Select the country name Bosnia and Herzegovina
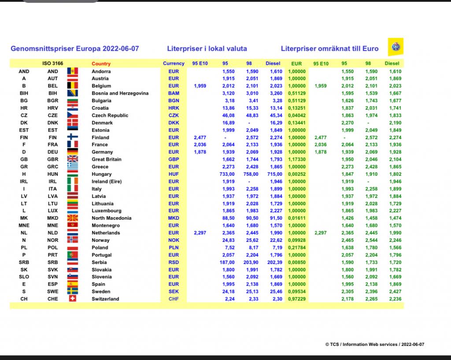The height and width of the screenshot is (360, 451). pos(120,93)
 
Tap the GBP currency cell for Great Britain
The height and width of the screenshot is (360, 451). pos(174,160)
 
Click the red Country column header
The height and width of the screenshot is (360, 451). pos(101,64)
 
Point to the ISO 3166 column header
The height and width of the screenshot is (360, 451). pos(52,64)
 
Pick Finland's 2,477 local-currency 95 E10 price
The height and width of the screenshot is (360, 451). pos(200,137)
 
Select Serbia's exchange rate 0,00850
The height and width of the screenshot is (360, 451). pos(296,262)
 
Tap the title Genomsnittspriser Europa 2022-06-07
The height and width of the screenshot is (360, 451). pos(74,48)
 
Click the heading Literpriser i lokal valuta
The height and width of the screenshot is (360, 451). pos(207,48)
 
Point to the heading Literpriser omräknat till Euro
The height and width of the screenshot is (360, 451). pos(329,48)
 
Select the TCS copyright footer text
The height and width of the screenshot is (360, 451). pos(375,345)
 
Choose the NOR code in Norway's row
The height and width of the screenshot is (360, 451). pos(52,240)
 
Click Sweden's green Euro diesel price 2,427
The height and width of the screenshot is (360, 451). pos(395,292)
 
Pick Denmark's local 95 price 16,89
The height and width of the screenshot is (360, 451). pos(228,123)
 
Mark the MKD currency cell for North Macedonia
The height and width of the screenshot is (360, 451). pos(174,218)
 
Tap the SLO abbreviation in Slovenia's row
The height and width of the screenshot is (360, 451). pos(24,277)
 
